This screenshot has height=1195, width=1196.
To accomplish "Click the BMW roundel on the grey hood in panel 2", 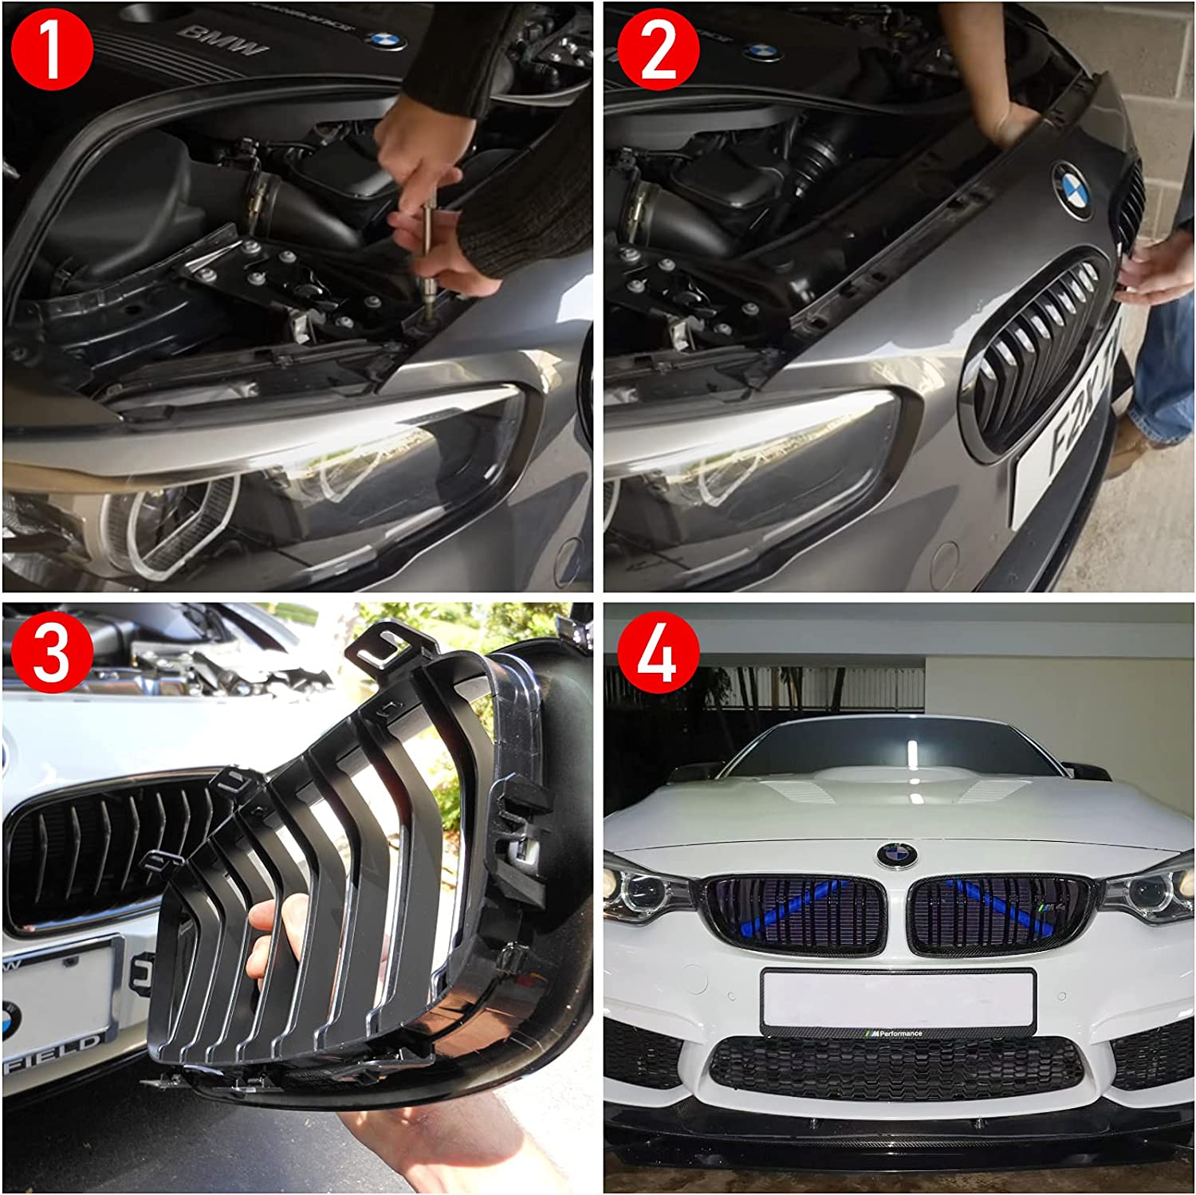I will (x=1073, y=190).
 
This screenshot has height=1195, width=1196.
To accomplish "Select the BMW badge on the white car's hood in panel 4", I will (x=897, y=855).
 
